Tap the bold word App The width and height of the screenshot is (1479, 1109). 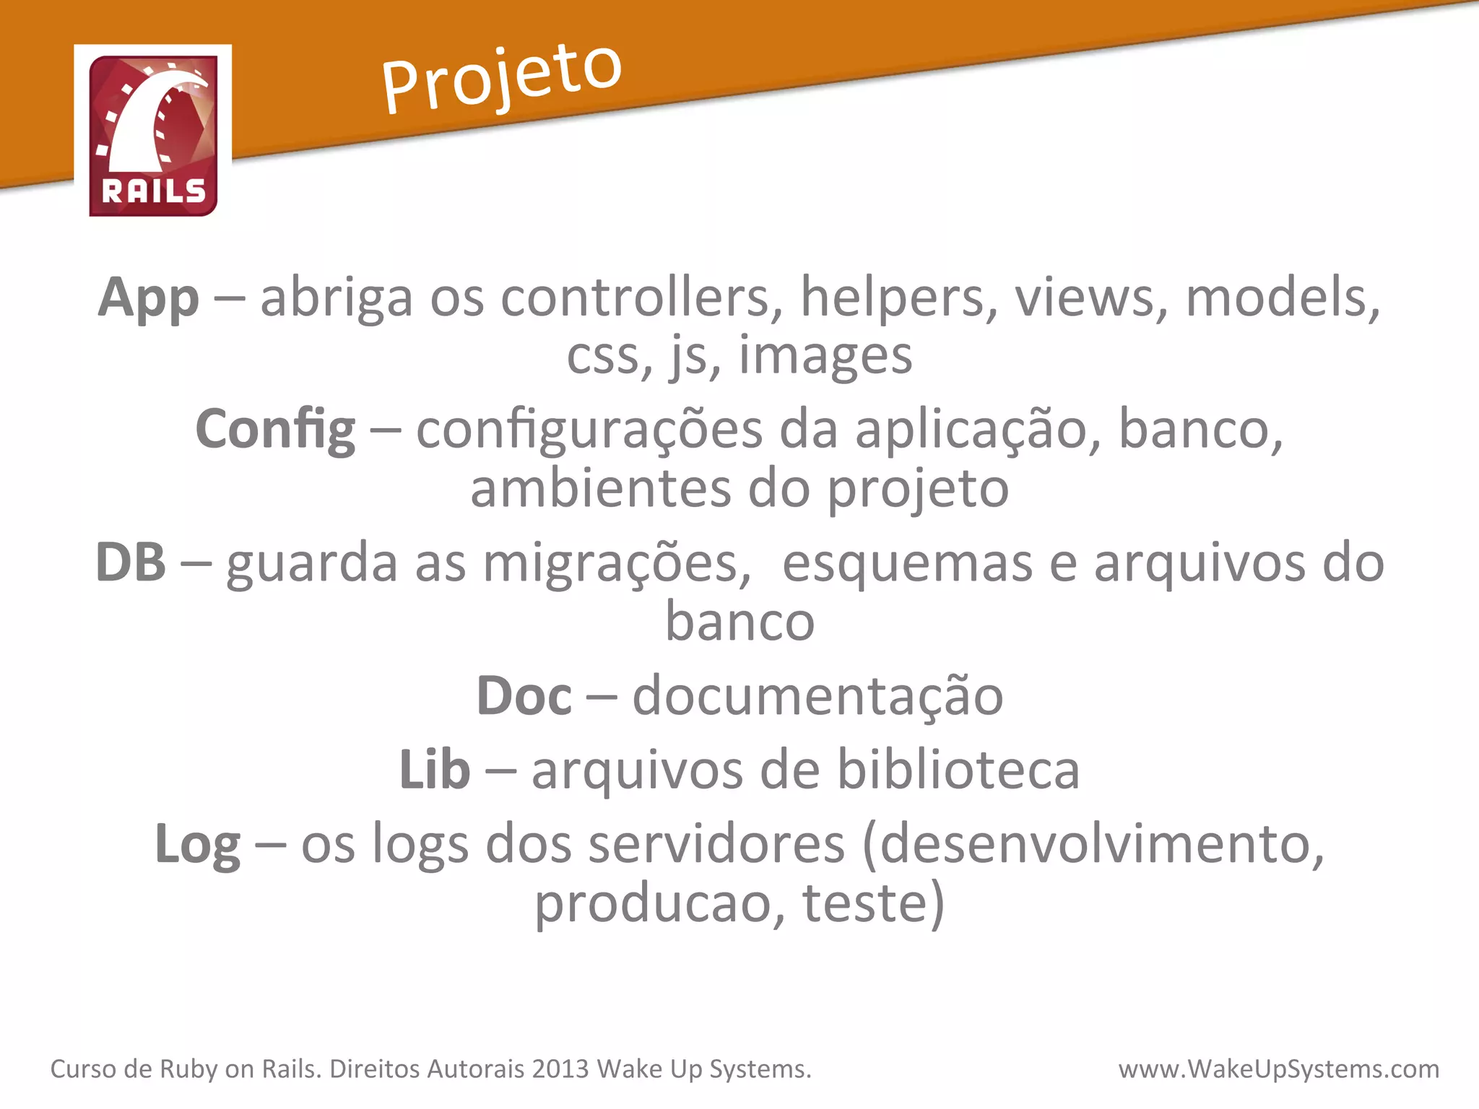pyautogui.click(x=149, y=298)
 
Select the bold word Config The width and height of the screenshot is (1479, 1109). pyautogui.click(x=275, y=430)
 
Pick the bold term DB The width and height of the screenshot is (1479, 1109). pyautogui.click(x=131, y=562)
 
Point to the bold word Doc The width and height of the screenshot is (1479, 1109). pyautogui.click(x=524, y=696)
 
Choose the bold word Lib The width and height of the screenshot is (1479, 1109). pyautogui.click(x=435, y=770)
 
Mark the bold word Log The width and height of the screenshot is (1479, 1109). pyautogui.click(x=198, y=845)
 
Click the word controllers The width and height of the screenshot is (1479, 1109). pyautogui.click(x=642, y=298)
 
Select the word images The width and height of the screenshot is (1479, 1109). pyautogui.click(x=825, y=357)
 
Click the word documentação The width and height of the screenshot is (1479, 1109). pyautogui.click(x=817, y=696)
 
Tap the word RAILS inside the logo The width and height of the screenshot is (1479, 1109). pyautogui.click(x=154, y=191)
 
